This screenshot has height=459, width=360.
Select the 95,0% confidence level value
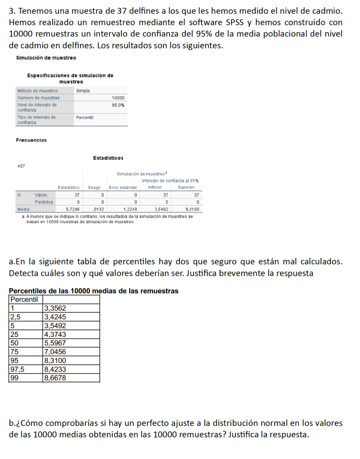point(119,105)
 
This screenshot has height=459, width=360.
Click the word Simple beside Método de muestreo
point(83,91)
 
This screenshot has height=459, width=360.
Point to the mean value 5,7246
point(73,209)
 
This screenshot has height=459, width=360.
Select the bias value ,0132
point(98,209)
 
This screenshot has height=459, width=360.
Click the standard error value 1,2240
point(130,209)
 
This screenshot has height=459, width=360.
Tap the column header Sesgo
point(94,187)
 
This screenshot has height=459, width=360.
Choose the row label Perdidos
point(44,202)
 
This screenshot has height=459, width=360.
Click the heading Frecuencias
point(31,140)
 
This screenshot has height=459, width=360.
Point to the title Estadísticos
point(108,158)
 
